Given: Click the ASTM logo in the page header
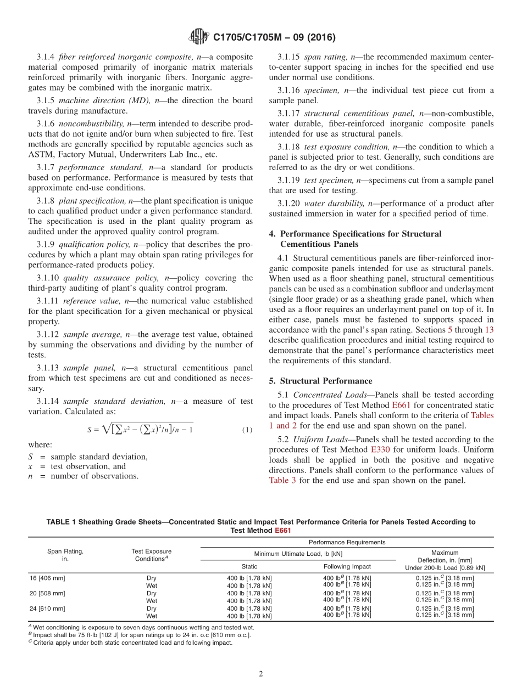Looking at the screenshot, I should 198,37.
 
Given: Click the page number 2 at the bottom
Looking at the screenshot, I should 261,674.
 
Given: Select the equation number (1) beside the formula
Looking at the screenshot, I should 247,430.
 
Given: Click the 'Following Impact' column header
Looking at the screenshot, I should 347,566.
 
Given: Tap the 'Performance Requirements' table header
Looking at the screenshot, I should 347,542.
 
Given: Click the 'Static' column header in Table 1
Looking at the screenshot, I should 249,566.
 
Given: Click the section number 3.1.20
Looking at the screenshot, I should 288,203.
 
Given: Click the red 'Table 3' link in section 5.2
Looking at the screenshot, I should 282,480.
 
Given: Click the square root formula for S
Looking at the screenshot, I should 140,430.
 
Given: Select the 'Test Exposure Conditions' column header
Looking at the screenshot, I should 152,555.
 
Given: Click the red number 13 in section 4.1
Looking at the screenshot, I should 488,330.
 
